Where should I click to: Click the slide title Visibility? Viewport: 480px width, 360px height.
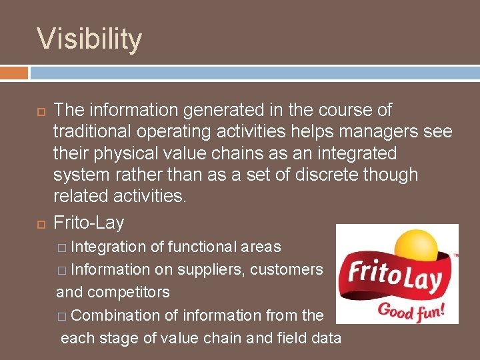click(89, 39)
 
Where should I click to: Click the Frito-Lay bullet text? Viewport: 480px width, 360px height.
click(89, 221)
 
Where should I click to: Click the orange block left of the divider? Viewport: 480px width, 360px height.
click(14, 72)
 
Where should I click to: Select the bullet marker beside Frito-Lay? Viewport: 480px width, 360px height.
click(41, 221)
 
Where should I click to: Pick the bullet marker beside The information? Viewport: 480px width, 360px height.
click(41, 111)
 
